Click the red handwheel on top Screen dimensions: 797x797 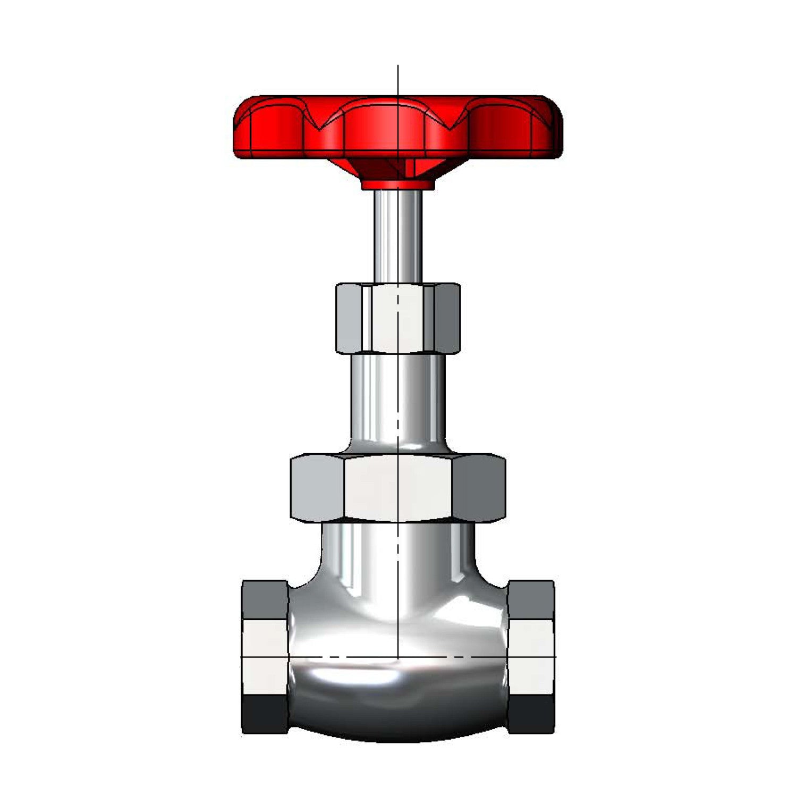point(398,128)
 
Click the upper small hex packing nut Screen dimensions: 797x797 point(398,319)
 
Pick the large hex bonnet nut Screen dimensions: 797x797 point(398,488)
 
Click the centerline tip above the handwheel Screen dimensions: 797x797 point(398,68)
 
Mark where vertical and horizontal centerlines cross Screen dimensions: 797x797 point(398,657)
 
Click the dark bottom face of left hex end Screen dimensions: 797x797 point(265,715)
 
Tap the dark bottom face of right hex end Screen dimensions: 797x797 point(531,715)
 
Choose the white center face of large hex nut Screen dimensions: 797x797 point(398,488)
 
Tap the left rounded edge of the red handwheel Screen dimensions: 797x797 point(238,128)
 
